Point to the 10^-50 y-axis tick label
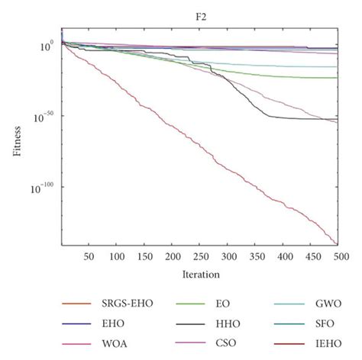tap(43, 116)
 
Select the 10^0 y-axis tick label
tap(46, 46)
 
